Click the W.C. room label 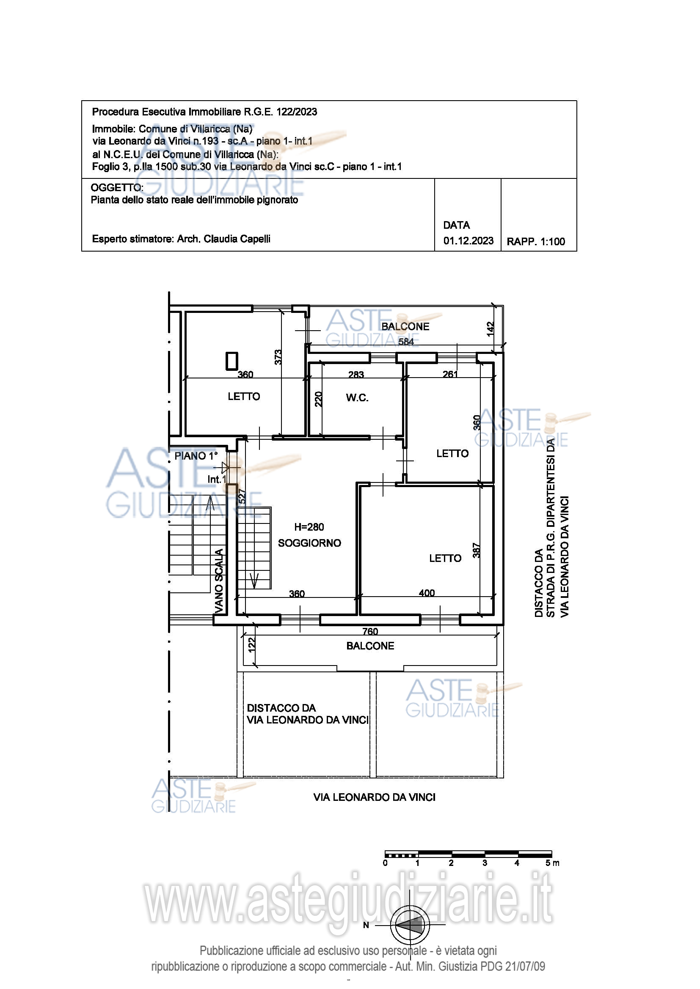pos(357,397)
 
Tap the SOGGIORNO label pos(309,543)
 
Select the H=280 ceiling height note pos(309,527)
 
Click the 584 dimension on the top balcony pos(405,342)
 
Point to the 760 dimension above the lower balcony pos(370,631)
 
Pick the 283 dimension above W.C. pos(356,375)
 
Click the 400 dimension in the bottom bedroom pos(427,593)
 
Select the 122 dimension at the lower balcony pos(252,644)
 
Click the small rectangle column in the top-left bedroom pos(232,361)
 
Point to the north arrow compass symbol pos(410,925)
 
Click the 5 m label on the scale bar pos(552,863)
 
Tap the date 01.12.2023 pos(469,241)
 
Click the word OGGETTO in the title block pos(116,188)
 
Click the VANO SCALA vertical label pos(219,581)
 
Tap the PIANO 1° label pos(196,456)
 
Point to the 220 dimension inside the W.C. pos(318,399)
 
